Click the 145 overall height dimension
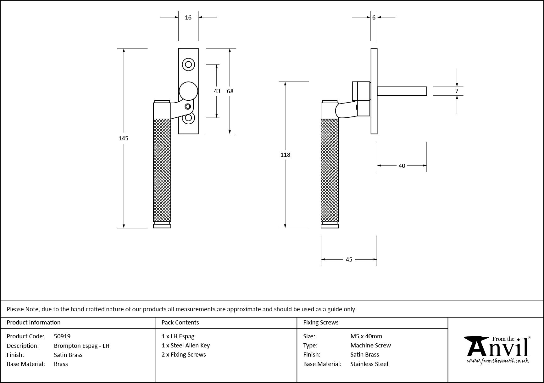[123, 138]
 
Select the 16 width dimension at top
[188, 18]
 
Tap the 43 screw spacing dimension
[217, 91]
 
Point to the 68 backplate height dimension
[230, 91]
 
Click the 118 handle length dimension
[285, 155]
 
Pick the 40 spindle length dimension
[402, 166]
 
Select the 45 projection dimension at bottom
[349, 259]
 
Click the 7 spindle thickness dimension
[457, 91]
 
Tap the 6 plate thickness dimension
[374, 18]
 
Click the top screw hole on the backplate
[188, 65]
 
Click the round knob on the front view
[188, 91]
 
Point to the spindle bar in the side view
[402, 91]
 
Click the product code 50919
[62, 336]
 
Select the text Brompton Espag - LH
[82, 346]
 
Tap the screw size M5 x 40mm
[366, 336]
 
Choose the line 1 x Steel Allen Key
[186, 345]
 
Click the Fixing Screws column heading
[321, 322]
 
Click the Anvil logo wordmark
[497, 348]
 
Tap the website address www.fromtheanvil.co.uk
[498, 361]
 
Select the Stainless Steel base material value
[369, 364]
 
